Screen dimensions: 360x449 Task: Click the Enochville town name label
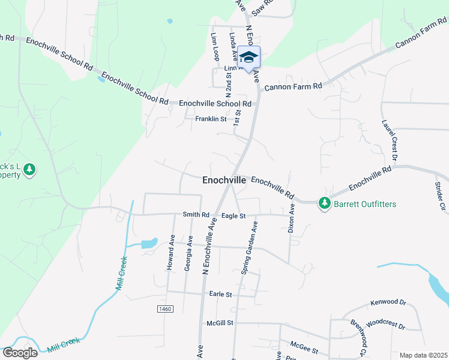[224, 180]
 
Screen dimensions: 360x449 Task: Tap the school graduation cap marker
[249, 58]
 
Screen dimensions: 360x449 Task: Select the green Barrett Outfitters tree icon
[325, 204]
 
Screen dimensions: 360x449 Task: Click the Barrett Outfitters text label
[364, 205]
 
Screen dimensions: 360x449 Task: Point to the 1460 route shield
[165, 308]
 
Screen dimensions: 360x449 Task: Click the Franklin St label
[210, 119]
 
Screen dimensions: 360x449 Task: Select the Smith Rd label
[196, 214]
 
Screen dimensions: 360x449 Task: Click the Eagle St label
[234, 215]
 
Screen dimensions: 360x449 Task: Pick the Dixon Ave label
[292, 218]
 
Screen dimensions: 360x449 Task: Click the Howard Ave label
[171, 253]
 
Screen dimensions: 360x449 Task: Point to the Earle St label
[220, 295]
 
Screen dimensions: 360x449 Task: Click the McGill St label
[219, 323]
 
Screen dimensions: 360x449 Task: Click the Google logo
[19, 352]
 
